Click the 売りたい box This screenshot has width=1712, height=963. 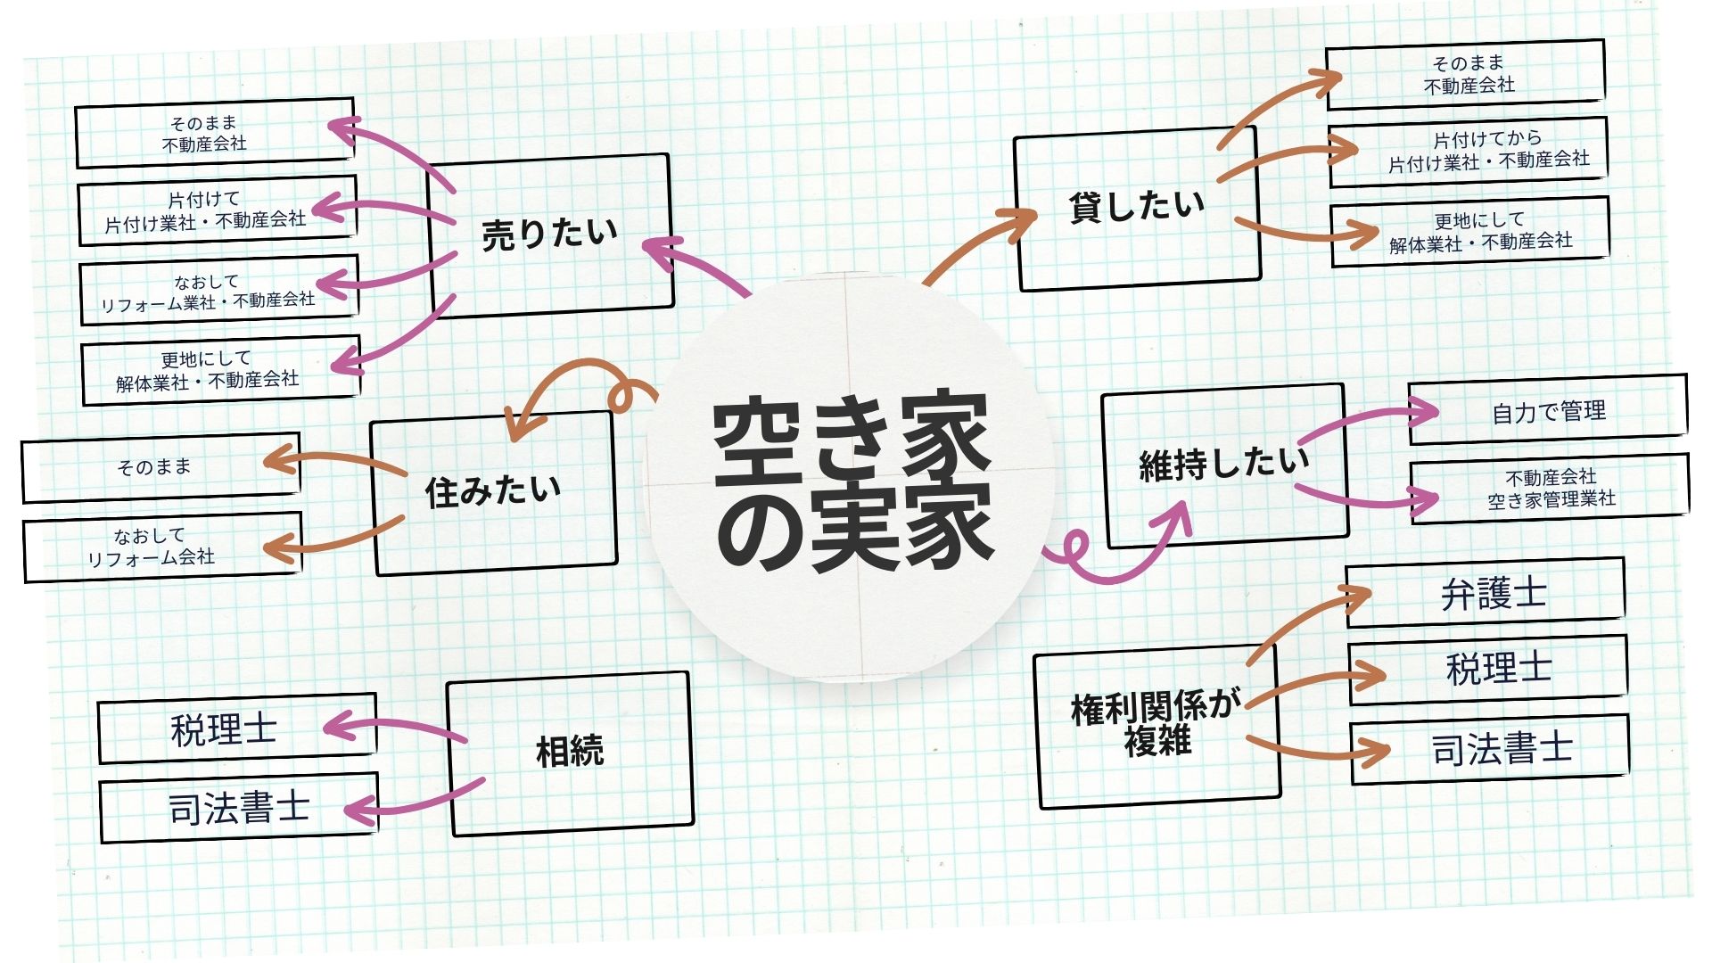tap(550, 235)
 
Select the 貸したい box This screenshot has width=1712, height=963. tap(1137, 209)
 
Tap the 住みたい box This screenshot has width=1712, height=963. tap(494, 492)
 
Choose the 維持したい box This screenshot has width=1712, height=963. tap(1225, 465)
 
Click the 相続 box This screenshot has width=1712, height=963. tap(570, 753)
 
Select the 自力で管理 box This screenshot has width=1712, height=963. tap(1548, 410)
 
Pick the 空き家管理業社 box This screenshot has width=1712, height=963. tap(1550, 489)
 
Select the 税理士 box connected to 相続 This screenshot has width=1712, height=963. tap(236, 728)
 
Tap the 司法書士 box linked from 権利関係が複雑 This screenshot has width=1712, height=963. tap(1489, 749)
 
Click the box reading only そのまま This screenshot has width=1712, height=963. tap(160, 467)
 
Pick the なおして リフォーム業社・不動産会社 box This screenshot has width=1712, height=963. tap(218, 291)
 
